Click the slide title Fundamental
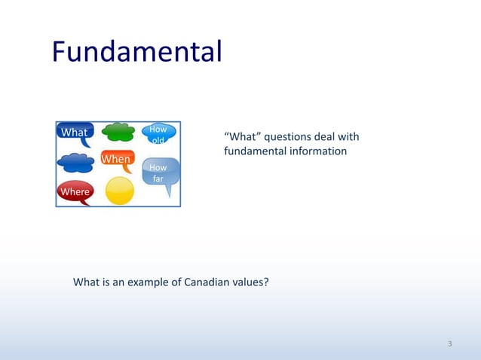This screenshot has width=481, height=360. click(x=136, y=53)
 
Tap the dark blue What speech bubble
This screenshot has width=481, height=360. click(x=75, y=133)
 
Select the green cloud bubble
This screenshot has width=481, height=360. click(x=118, y=132)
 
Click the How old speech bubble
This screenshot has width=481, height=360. click(x=159, y=133)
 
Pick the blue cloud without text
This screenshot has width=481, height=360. click(x=75, y=162)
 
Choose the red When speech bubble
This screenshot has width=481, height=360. click(x=116, y=159)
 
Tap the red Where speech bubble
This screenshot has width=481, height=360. click(x=75, y=191)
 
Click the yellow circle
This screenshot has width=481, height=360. click(x=119, y=191)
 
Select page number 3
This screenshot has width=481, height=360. click(x=449, y=344)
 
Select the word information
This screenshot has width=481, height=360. click(x=318, y=151)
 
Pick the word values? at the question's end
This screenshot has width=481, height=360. click(x=251, y=282)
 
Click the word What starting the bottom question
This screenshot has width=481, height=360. click(x=85, y=282)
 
